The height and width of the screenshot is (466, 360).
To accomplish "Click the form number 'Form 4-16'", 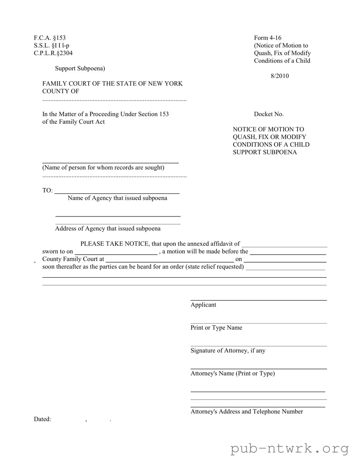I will pyautogui.click(x=268, y=38).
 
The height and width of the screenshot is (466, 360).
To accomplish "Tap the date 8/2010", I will pyautogui.click(x=280, y=76).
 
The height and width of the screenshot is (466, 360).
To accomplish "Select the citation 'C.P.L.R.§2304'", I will pyautogui.click(x=53, y=53).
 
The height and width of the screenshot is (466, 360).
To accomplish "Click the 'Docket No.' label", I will pyautogui.click(x=269, y=114).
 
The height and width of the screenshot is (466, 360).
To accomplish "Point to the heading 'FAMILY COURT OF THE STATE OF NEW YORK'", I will pyautogui.click(x=113, y=83).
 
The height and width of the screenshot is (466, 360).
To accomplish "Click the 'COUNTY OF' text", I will pyautogui.click(x=61, y=91).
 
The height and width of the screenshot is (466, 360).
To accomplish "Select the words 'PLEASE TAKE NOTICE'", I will pyautogui.click(x=114, y=244).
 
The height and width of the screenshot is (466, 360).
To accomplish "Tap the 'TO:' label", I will pyautogui.click(x=47, y=190).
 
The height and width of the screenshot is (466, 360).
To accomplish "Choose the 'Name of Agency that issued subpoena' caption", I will pyautogui.click(x=117, y=198).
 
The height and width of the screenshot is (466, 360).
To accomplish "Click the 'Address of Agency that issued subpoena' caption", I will pyautogui.click(x=107, y=228).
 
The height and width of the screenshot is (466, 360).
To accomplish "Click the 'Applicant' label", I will pyautogui.click(x=203, y=305).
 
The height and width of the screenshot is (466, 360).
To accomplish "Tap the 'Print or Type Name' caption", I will pyautogui.click(x=216, y=327).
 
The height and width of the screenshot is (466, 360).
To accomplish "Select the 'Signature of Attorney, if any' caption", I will pyautogui.click(x=228, y=350).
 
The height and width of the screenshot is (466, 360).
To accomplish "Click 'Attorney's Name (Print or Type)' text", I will pyautogui.click(x=232, y=373).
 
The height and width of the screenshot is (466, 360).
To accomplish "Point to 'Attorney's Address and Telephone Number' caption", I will pyautogui.click(x=246, y=412).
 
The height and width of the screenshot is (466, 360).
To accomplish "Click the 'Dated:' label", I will pyautogui.click(x=43, y=419).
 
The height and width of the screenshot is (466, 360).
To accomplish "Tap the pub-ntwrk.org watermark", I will pyautogui.click(x=290, y=449).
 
